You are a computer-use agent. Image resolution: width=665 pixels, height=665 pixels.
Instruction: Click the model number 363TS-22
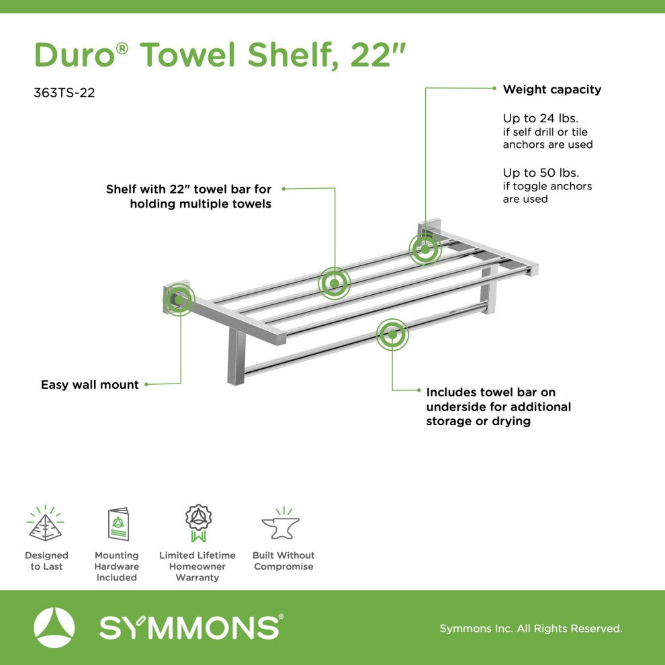point(64,93)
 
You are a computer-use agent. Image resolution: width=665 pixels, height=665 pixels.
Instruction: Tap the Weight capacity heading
point(551,89)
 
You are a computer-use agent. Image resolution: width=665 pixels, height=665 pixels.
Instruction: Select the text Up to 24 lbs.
point(541,118)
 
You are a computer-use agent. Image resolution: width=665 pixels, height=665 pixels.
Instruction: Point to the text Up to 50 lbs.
point(541,173)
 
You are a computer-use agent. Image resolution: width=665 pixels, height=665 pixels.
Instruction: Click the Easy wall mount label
point(90,385)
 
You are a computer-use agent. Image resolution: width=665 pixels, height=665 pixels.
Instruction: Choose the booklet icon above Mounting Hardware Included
point(118,524)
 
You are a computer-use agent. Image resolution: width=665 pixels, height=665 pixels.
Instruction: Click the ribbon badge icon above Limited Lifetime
point(198,523)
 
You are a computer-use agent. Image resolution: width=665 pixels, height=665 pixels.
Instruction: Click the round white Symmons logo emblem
point(54,627)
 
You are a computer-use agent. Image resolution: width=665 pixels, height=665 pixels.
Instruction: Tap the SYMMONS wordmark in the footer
point(190,627)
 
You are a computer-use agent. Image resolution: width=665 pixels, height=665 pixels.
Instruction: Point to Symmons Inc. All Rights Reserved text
point(531,629)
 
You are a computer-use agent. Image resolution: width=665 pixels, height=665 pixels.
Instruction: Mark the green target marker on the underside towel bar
point(392,334)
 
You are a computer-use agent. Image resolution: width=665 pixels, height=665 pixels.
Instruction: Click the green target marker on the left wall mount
point(179,300)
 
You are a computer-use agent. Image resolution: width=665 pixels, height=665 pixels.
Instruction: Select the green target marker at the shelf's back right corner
point(425,249)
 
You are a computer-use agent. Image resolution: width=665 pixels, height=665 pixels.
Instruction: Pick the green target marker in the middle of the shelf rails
point(334,283)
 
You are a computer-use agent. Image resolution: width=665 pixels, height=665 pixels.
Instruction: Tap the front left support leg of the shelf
point(236,356)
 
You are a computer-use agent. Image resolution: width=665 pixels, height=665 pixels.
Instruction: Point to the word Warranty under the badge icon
point(197,578)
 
